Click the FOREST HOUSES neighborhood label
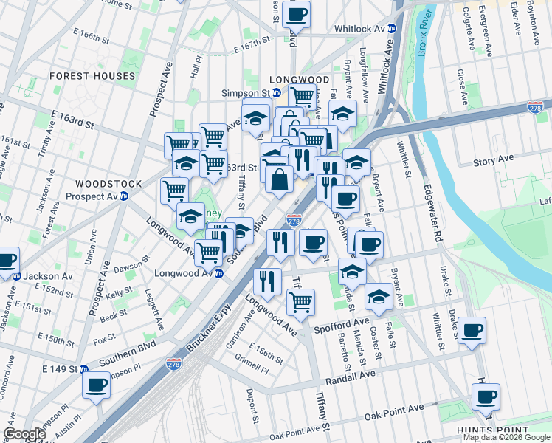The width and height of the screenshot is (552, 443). [92, 76]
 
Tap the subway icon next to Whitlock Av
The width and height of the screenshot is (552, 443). [393, 29]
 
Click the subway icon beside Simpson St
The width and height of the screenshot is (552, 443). [276, 94]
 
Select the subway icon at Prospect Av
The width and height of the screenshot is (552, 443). [124, 196]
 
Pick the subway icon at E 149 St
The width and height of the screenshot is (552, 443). [84, 368]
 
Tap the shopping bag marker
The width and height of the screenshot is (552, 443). [280, 179]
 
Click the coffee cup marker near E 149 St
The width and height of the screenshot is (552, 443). [96, 385]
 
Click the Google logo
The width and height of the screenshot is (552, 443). [24, 434]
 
